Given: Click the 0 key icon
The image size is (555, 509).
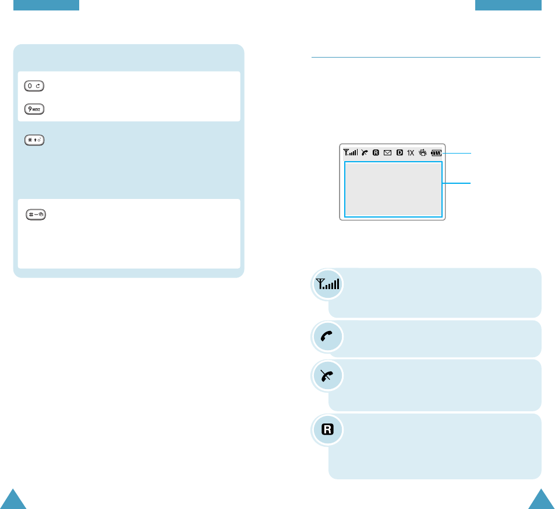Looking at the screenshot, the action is (35, 86).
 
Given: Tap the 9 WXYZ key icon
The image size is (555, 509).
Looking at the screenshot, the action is (35, 109).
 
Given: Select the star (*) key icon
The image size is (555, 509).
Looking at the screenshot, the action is (35, 140).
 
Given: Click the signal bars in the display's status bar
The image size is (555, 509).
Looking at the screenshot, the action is (351, 153).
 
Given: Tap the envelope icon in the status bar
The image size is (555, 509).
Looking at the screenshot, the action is (387, 153).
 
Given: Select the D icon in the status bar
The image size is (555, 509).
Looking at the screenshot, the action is (400, 153).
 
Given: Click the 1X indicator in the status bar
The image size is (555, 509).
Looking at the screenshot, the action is (411, 153).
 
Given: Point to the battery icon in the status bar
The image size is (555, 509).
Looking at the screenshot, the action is (436, 153).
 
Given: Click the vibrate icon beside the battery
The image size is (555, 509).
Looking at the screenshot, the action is (423, 153).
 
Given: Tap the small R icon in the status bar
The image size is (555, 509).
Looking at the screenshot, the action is (376, 153).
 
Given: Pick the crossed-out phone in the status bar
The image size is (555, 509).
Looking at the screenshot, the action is (364, 153).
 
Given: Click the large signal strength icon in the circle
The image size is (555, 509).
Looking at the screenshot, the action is (328, 285).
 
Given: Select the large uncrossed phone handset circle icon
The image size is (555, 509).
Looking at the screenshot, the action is (328, 337).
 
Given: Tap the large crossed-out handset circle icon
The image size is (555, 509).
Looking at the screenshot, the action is (328, 376).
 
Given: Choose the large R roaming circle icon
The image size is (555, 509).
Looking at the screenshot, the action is (328, 430).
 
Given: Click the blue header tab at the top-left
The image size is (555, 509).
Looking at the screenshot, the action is (45, 5).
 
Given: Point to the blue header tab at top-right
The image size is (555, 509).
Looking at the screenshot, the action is (508, 5).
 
